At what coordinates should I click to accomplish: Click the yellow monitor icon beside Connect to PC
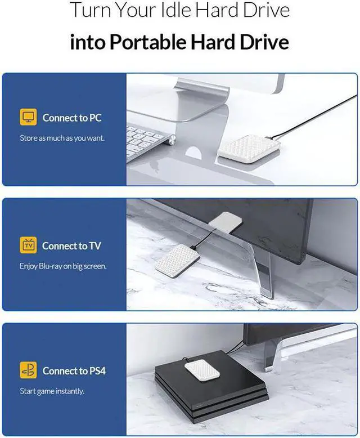[28, 118]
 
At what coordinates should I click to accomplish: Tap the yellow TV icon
[28, 245]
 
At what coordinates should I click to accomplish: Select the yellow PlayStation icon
[28, 370]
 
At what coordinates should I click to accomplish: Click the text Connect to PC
[72, 118]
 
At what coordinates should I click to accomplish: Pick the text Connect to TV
[71, 245]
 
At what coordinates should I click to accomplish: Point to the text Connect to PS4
[74, 370]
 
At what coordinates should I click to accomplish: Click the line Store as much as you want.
[62, 137]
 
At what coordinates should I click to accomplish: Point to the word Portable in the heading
[147, 43]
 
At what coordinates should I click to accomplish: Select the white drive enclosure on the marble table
[177, 260]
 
